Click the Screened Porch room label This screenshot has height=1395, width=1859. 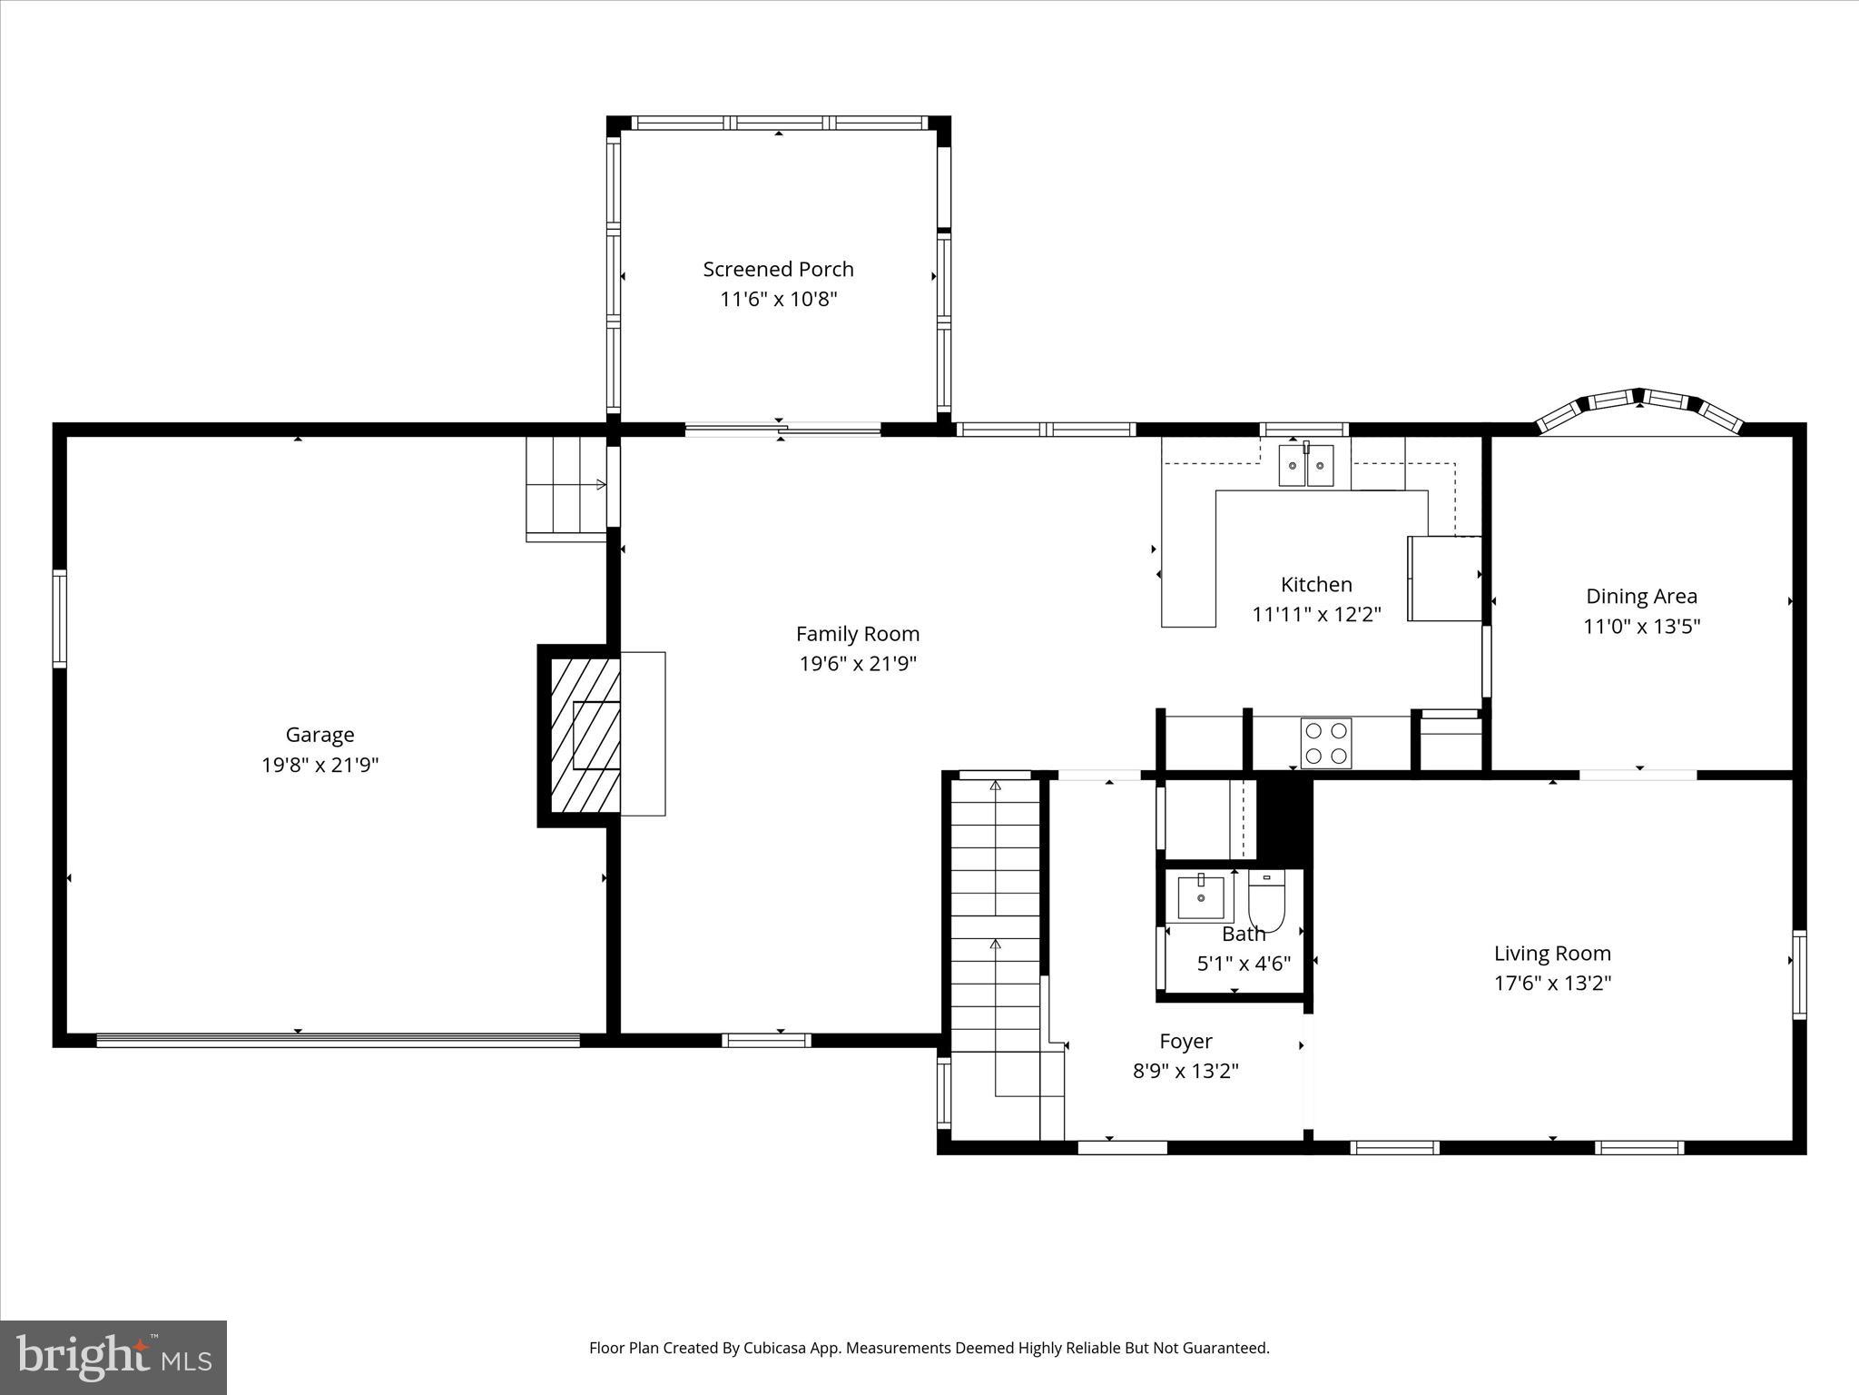coord(778,269)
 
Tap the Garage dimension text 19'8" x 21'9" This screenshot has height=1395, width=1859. coord(320,765)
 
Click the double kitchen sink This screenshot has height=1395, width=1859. coord(1306,466)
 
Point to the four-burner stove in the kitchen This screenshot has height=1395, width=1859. coord(1325,743)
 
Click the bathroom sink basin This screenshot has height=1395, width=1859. coord(1200,897)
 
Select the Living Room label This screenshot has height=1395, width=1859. coord(1552,953)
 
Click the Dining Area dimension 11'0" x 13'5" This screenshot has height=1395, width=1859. coord(1641,626)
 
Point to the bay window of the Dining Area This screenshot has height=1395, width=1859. coord(1639,409)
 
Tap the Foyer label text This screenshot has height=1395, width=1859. coord(1185,1041)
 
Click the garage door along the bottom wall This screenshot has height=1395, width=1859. coord(338,1041)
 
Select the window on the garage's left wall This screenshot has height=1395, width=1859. coord(60,618)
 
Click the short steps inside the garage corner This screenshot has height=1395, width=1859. coord(566,490)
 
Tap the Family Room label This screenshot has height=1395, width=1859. coord(857,634)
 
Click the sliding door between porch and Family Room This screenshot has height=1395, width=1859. coord(782,430)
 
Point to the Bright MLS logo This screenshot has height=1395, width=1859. coord(113,1357)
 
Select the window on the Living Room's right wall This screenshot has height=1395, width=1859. coord(1799,974)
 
